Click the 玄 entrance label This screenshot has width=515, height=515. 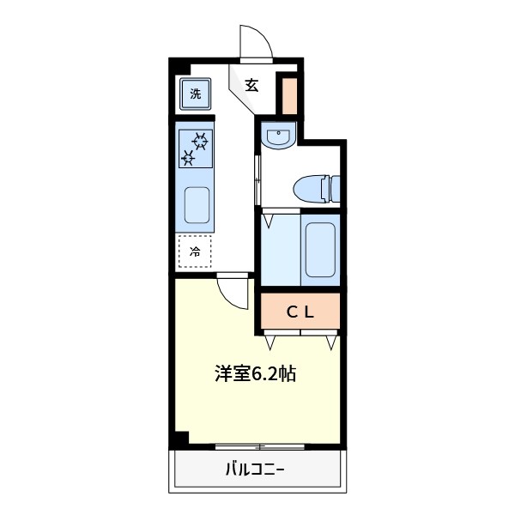251,85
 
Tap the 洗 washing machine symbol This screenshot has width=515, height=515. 196,93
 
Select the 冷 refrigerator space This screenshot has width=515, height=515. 195,251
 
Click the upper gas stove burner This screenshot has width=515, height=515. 200,139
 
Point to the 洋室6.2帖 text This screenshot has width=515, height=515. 255,374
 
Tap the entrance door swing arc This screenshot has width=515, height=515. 257,43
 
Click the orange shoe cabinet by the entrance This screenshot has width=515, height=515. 290,94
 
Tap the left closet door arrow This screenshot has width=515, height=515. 270,342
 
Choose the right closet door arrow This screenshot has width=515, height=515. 330,342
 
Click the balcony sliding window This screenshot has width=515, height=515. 258,446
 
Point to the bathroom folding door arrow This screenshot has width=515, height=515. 270,220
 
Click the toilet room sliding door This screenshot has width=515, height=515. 257,176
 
